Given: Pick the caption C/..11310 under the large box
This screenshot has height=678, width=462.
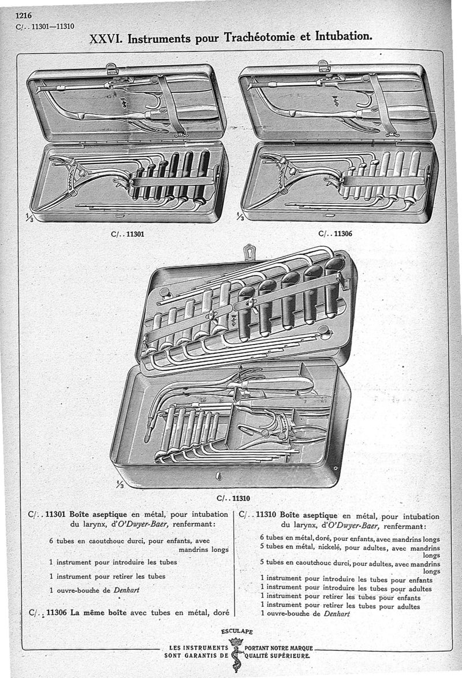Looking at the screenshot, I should coord(233,497).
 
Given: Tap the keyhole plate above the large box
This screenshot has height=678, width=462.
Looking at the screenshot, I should coord(249,251).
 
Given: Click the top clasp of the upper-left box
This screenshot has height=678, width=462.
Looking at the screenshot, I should coord(112,68).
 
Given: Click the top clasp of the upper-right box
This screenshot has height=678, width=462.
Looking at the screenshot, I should coord(324,66).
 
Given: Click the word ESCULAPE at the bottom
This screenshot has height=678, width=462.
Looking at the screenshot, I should coord(237,632).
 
